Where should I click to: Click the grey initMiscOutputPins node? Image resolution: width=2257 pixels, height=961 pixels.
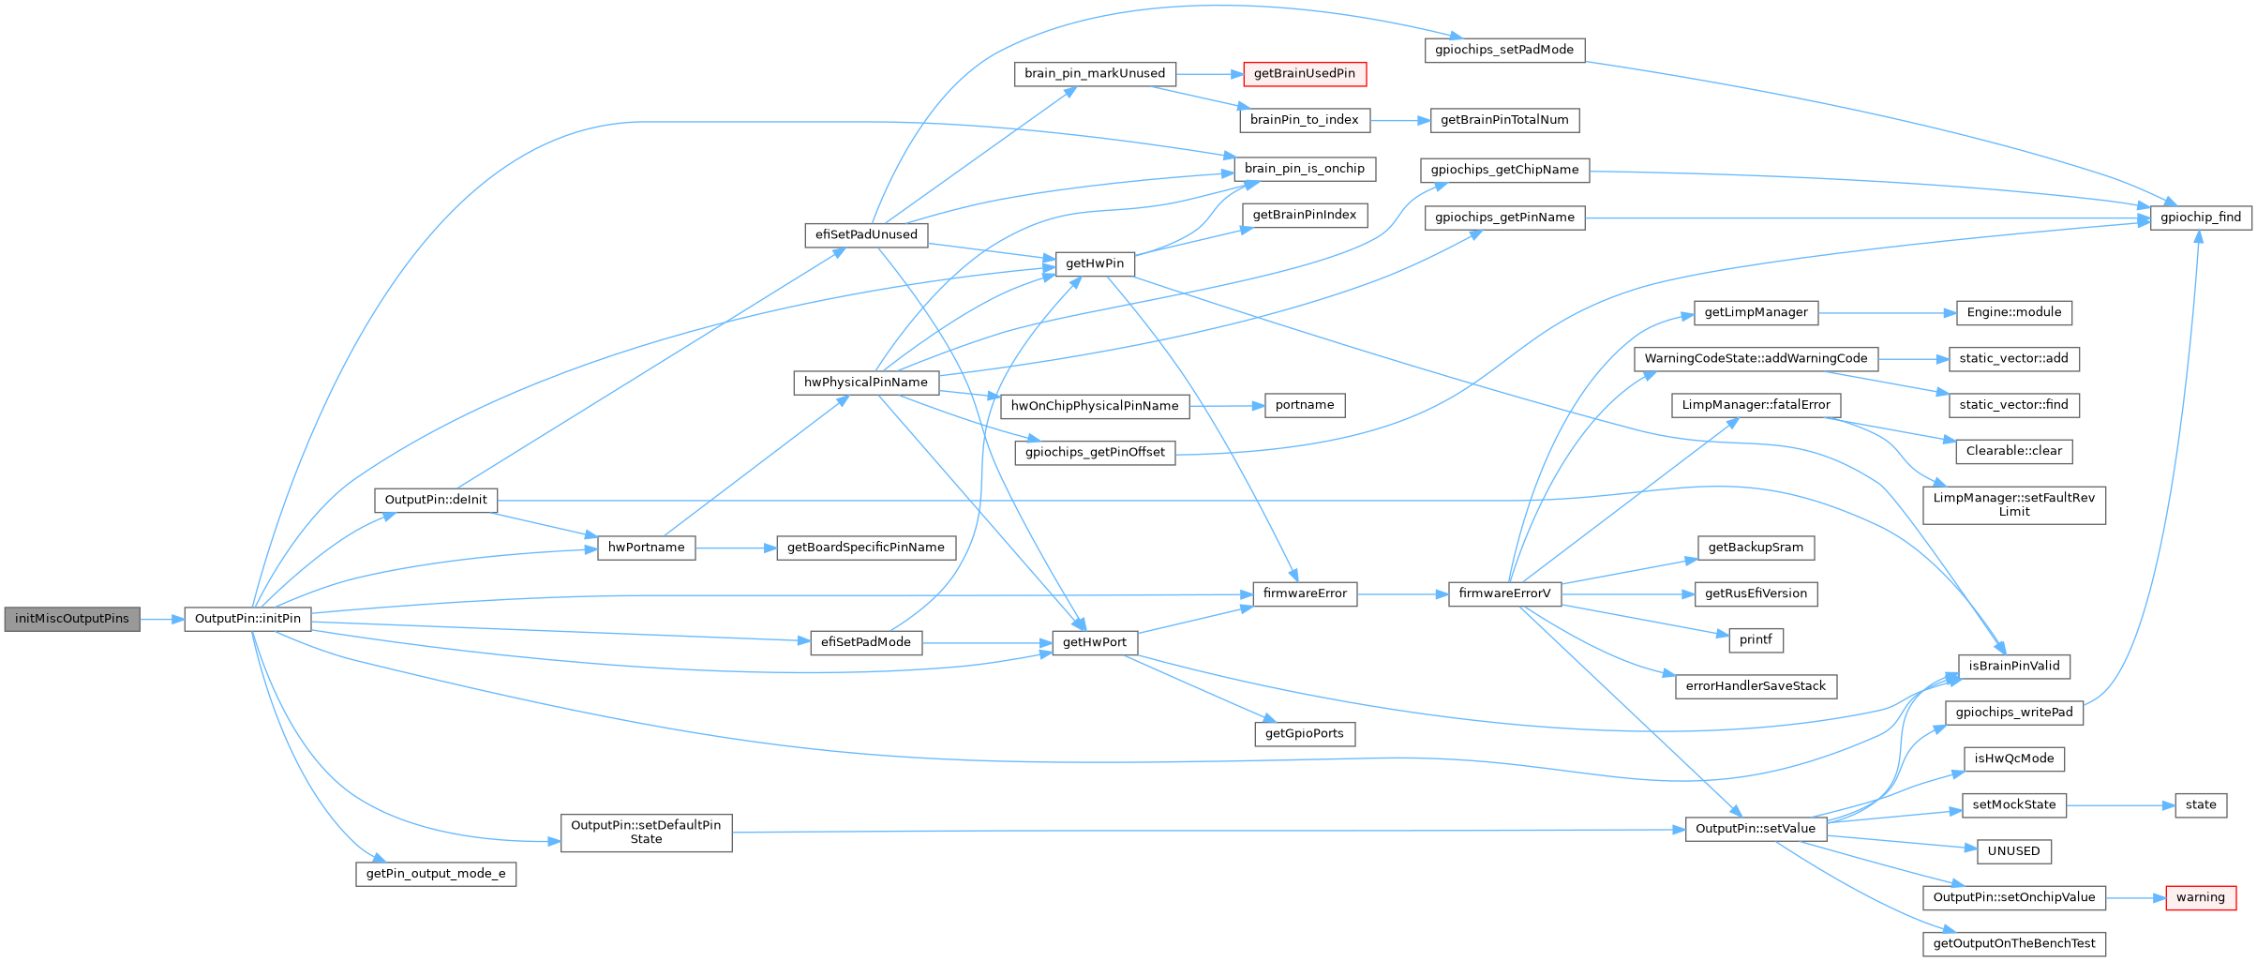coord(72,619)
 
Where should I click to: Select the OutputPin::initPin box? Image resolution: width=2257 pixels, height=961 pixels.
coord(247,619)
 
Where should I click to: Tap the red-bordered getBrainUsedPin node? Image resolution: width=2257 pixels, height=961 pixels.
coord(1304,74)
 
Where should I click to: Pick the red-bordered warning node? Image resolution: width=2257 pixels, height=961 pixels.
coord(2200,897)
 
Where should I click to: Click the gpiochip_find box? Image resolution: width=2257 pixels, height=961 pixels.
coord(2200,218)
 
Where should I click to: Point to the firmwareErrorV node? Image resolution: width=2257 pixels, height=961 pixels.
coord(1503,593)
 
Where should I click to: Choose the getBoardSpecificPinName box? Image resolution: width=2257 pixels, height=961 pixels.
coord(865,548)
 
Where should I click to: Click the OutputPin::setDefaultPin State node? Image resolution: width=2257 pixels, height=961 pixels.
coord(646,832)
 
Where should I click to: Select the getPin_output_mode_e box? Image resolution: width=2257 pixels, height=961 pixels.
coord(436,874)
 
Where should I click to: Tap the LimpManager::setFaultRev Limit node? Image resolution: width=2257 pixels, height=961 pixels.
coord(2013,504)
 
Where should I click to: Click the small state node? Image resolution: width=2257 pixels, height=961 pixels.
coord(2200,804)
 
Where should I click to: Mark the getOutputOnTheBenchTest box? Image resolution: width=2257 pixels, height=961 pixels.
coord(2013,943)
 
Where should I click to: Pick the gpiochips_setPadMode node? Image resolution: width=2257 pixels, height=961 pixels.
coord(1503,50)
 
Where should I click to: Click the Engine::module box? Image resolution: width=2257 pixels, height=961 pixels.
coord(2013,312)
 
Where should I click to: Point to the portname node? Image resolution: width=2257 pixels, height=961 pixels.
coord(1304,405)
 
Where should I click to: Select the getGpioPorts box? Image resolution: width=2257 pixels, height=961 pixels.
coord(1304,733)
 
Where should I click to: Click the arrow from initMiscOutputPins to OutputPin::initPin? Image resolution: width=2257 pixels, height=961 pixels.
coord(162,619)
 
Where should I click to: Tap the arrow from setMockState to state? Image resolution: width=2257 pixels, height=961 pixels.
coord(2120,804)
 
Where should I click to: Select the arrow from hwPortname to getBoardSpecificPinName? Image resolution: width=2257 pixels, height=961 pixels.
coord(736,548)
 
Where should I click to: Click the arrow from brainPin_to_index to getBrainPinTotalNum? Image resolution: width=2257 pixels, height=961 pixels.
coord(1400,120)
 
